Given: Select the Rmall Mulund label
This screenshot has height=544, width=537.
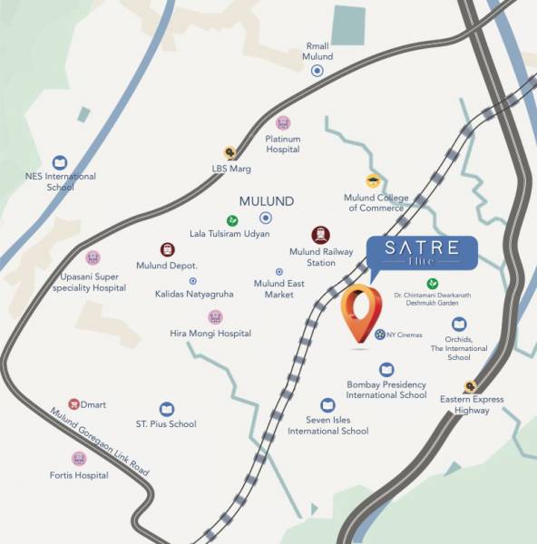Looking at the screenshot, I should pyautogui.click(x=317, y=51).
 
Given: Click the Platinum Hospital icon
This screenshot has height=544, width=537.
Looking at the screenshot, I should pyautogui.click(x=283, y=123).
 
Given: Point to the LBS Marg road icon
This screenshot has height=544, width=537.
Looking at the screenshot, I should pyautogui.click(x=230, y=153).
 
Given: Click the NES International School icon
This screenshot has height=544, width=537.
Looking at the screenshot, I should pyautogui.click(x=60, y=161).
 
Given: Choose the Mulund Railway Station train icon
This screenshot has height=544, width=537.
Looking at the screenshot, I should pyautogui.click(x=320, y=235).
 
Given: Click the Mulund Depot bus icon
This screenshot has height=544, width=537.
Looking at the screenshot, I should pyautogui.click(x=168, y=249).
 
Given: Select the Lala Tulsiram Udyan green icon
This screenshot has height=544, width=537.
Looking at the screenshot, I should pyautogui.click(x=232, y=219).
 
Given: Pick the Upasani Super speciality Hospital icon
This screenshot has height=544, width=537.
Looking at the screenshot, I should pyautogui.click(x=93, y=258).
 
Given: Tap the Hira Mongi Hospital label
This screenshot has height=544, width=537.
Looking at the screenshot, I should pyautogui.click(x=210, y=334).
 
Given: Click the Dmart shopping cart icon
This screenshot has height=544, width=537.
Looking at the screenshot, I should pyautogui.click(x=74, y=403).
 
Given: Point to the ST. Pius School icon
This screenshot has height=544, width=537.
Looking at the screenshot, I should pyautogui.click(x=166, y=410).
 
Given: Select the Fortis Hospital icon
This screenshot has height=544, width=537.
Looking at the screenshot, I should pyautogui.click(x=79, y=459).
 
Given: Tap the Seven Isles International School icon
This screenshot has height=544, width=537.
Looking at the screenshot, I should pyautogui.click(x=327, y=405).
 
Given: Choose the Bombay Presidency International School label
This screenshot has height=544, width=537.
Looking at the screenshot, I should pyautogui.click(x=386, y=390).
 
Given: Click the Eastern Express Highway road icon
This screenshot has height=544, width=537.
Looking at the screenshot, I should pyautogui.click(x=470, y=385).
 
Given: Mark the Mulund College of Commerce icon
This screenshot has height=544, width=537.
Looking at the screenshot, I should pyautogui.click(x=372, y=181).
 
